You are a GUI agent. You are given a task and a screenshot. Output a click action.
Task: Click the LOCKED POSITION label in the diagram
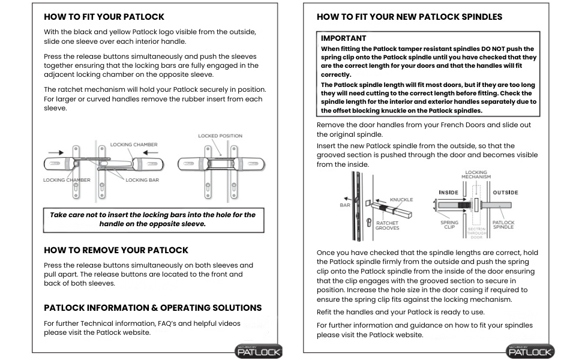[220, 136]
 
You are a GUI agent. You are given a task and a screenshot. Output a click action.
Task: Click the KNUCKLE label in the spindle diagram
[401, 199]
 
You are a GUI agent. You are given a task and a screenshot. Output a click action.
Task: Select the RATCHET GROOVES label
[388, 225]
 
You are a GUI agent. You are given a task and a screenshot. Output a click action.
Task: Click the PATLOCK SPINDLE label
[503, 226]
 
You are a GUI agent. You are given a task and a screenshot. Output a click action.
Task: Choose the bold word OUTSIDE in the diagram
[505, 193]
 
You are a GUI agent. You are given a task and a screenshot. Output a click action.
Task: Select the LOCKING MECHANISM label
[476, 174]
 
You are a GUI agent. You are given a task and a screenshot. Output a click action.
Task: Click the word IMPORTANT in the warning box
[344, 38]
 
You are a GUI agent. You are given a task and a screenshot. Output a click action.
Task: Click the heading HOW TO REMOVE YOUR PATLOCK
[116, 250]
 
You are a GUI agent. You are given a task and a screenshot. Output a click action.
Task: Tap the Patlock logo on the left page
[259, 351]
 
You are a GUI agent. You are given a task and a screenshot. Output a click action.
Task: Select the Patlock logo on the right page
[530, 351]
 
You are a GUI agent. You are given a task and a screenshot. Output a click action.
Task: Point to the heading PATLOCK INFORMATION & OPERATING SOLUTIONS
[153, 308]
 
